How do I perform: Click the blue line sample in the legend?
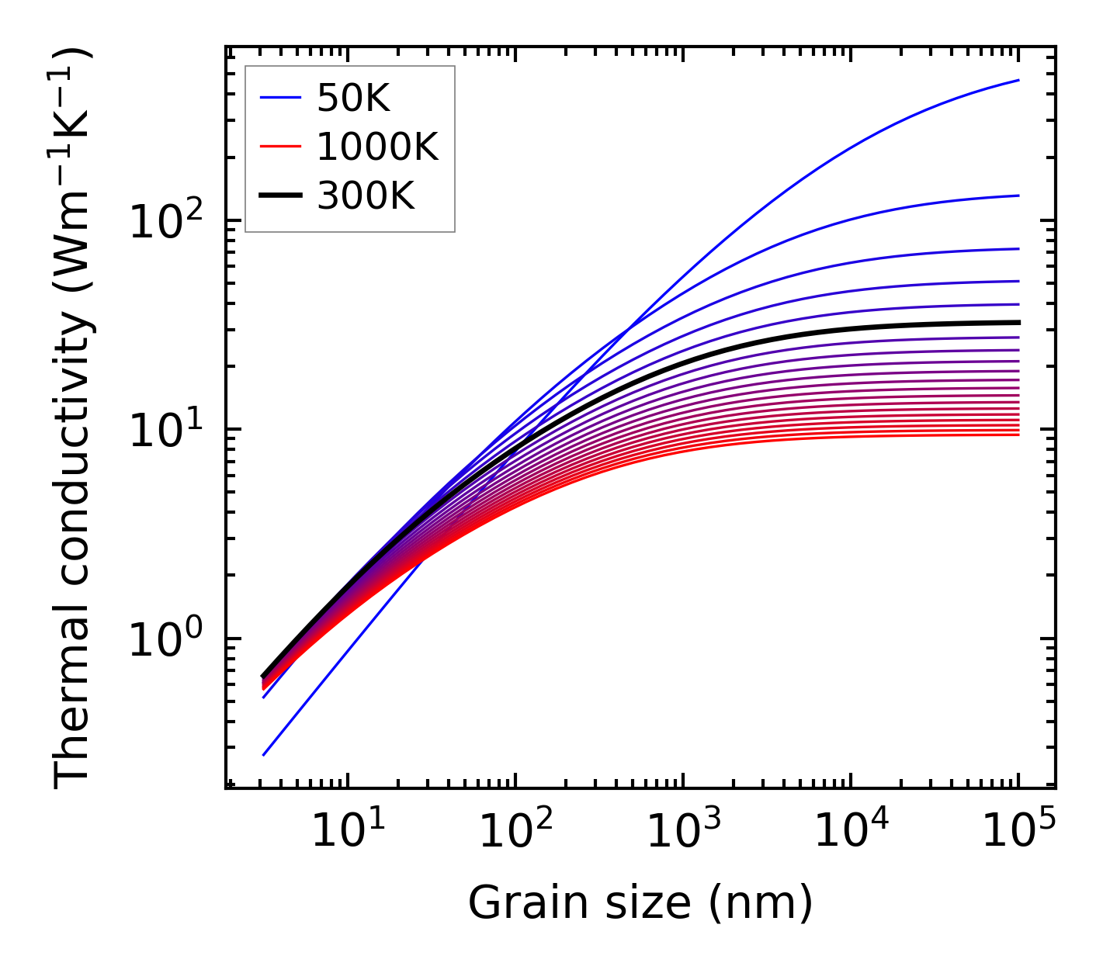(280, 97)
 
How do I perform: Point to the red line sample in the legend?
(280, 146)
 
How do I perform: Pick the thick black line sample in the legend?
(280, 196)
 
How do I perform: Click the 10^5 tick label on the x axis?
(1018, 833)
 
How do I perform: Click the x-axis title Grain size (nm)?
(640, 902)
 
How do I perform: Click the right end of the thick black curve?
(1018, 322)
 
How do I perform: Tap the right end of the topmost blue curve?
(1018, 80)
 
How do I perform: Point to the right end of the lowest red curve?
(1018, 435)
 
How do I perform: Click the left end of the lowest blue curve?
(264, 754)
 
